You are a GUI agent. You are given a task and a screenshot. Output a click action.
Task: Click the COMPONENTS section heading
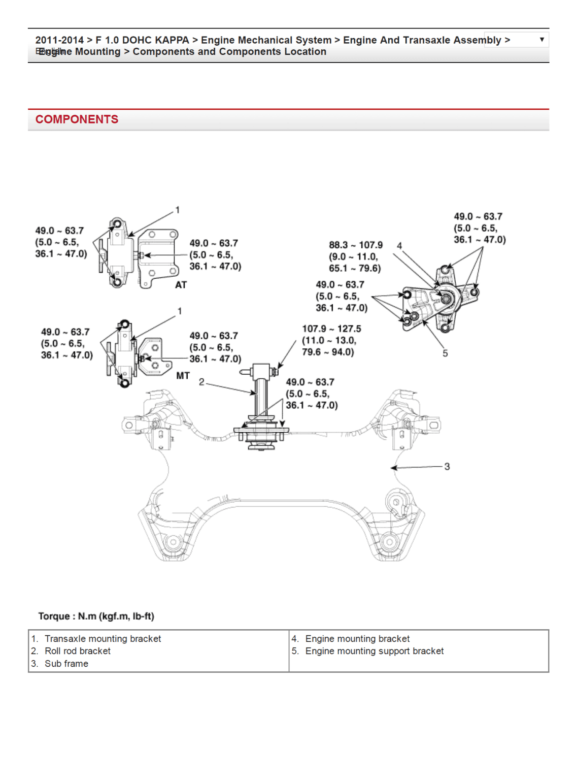(x=77, y=119)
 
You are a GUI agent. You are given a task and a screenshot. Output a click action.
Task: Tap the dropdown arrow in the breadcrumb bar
(x=541, y=40)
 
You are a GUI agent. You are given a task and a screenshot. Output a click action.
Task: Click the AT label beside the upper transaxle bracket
(x=181, y=285)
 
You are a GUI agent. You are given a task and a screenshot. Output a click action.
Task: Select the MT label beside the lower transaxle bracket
(x=183, y=376)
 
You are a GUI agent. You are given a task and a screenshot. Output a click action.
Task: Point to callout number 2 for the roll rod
(x=201, y=382)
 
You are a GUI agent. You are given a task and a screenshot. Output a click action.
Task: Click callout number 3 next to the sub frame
(x=447, y=466)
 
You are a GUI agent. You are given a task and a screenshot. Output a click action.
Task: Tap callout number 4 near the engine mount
(x=399, y=246)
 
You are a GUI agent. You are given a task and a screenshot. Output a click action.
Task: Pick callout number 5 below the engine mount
(x=445, y=353)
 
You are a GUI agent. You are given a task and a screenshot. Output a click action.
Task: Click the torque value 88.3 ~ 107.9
(x=356, y=245)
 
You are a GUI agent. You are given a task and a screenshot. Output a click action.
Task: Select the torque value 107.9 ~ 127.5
(x=331, y=329)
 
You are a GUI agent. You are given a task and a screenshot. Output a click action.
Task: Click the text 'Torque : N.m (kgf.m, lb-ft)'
(x=96, y=616)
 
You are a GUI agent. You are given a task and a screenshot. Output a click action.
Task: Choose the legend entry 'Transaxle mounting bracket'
(x=103, y=639)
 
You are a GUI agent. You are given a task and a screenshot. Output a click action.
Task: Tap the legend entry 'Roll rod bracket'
(x=77, y=651)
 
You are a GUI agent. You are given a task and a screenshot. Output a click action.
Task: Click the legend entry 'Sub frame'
(x=66, y=664)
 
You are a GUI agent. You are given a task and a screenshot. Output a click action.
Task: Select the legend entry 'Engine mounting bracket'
(x=357, y=639)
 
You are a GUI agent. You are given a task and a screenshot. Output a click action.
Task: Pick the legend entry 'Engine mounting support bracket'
(x=374, y=651)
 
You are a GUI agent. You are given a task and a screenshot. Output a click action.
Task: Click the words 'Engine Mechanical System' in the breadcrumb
(x=266, y=40)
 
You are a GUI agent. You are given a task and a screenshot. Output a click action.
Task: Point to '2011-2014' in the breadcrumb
(x=59, y=40)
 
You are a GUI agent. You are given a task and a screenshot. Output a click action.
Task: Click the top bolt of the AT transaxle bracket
(x=117, y=224)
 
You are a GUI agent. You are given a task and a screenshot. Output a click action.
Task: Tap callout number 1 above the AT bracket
(x=177, y=210)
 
